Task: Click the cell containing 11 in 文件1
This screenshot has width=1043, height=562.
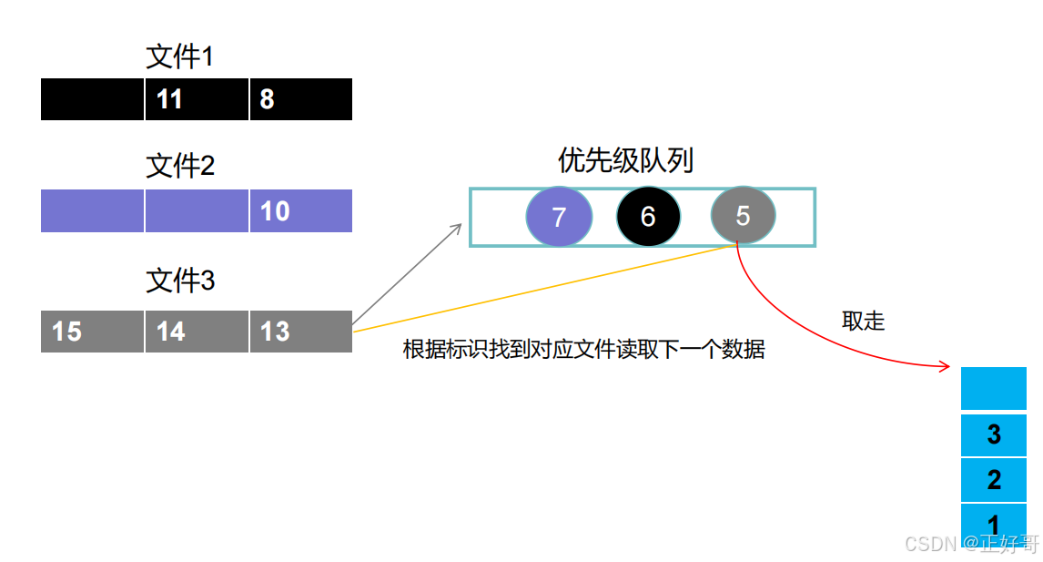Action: [x=197, y=99]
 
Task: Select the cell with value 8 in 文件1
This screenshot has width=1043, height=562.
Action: [x=300, y=99]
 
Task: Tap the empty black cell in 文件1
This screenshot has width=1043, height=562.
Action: [x=92, y=99]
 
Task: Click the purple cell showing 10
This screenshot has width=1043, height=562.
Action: [x=300, y=211]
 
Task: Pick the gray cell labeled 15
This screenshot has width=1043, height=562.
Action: [x=92, y=332]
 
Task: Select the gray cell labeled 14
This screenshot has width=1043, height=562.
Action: [x=197, y=332]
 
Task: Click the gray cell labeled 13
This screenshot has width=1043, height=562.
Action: [x=300, y=332]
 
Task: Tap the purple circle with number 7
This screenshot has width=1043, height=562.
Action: [x=559, y=217]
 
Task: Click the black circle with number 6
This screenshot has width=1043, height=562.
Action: [x=648, y=217]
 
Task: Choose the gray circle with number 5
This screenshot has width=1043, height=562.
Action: [x=743, y=216]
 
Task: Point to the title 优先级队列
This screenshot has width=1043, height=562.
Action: [x=625, y=161]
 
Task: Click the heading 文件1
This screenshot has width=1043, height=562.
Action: [x=180, y=57]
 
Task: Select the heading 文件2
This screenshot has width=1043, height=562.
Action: [x=180, y=167]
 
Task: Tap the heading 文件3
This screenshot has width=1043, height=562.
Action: [x=180, y=281]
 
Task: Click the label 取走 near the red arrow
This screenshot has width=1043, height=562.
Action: [x=863, y=322]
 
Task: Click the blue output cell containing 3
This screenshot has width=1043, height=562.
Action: [x=994, y=434]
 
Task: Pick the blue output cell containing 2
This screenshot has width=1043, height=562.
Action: [x=994, y=479]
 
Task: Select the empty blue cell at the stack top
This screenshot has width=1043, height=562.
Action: [x=994, y=389]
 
